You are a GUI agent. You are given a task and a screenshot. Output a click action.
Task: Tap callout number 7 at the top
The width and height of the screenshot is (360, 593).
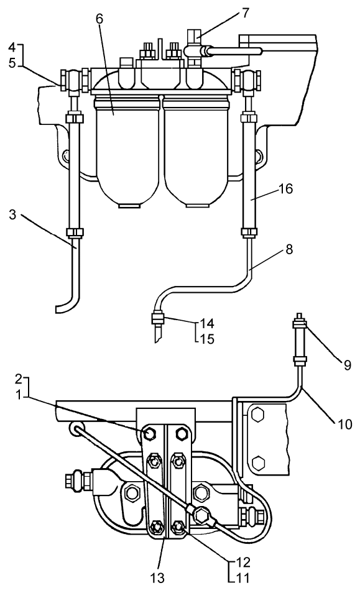tap(246, 13)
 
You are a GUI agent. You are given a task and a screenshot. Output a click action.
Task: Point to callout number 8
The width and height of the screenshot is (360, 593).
tap(289, 250)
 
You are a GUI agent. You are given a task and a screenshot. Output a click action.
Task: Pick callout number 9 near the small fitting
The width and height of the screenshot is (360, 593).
tap(347, 365)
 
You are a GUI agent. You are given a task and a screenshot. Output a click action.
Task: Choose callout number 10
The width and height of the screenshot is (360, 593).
tap(344, 423)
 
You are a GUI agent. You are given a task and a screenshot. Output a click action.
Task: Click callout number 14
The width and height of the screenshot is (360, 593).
tap(207, 323)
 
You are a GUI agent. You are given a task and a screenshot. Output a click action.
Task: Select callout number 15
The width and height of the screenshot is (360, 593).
tap(207, 339)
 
